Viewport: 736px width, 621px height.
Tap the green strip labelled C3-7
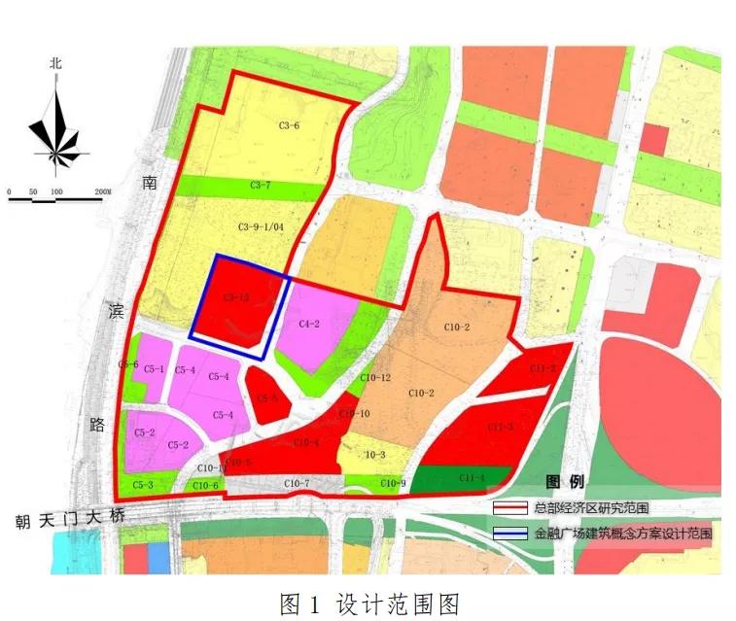[x=261, y=185]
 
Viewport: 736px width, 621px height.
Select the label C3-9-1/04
[x=260, y=226]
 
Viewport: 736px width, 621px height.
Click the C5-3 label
[x=144, y=484]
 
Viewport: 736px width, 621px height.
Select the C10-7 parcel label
[x=297, y=484]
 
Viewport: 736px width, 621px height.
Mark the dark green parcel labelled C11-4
[x=472, y=477]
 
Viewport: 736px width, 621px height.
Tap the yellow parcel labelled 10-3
[x=375, y=454]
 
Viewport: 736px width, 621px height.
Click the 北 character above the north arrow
[x=56, y=63]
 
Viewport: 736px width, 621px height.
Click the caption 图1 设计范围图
[x=368, y=603]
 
